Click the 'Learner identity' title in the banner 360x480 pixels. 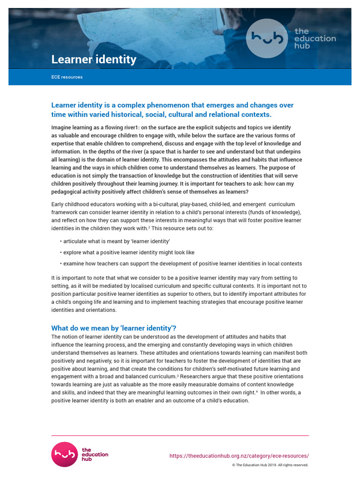click(x=94, y=60)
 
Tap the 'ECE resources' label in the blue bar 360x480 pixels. click(x=67, y=77)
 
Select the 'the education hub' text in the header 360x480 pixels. click(x=315, y=38)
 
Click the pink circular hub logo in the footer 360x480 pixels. click(x=64, y=454)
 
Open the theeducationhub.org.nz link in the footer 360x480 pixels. click(x=239, y=456)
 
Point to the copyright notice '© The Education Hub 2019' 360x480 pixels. click(x=270, y=465)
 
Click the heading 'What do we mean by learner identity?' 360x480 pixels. click(x=117, y=328)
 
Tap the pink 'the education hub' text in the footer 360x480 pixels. click(x=95, y=454)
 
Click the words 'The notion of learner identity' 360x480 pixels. click(x=89, y=337)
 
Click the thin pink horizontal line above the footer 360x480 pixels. click(x=180, y=435)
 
